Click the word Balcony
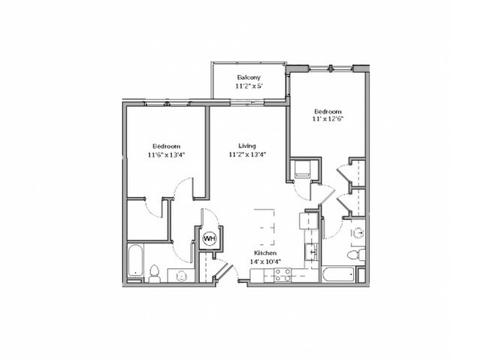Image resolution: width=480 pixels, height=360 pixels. [x=249, y=77]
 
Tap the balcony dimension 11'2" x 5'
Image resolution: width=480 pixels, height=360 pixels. [x=249, y=86]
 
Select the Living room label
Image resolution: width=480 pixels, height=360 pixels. [x=247, y=146]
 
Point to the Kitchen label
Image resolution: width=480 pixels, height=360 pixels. [x=265, y=253]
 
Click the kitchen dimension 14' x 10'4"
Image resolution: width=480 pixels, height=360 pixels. [x=265, y=262]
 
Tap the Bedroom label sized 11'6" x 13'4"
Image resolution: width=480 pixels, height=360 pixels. [x=166, y=146]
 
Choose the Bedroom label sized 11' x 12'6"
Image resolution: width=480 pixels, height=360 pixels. [x=328, y=111]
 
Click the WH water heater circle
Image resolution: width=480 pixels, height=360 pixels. [x=210, y=238]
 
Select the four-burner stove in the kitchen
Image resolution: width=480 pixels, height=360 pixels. [x=283, y=275]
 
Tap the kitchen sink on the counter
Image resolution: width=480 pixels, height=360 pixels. [x=311, y=252]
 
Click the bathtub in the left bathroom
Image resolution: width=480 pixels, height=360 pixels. [x=135, y=261]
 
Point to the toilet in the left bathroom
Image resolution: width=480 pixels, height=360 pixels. [x=154, y=274]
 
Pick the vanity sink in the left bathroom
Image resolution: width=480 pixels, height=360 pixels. [x=181, y=276]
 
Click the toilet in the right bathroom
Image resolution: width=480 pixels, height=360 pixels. [x=356, y=254]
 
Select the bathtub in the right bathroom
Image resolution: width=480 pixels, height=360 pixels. [x=338, y=274]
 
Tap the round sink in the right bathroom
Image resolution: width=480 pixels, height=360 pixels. [x=358, y=234]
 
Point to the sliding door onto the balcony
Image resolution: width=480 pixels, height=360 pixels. [x=247, y=103]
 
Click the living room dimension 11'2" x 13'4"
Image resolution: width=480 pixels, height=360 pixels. [x=247, y=154]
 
